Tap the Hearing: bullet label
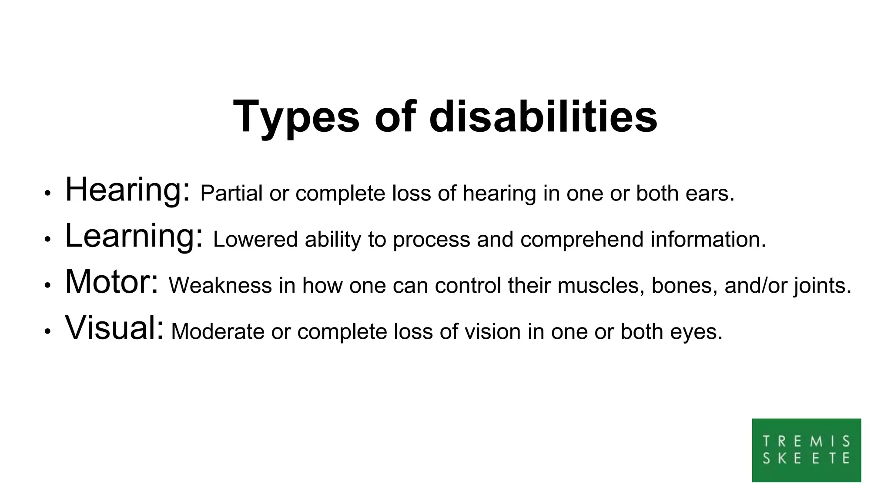(127, 190)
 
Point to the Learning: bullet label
(134, 237)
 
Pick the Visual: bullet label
(114, 328)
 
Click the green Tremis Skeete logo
(806, 450)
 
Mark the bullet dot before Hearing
(47, 193)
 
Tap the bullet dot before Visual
(47, 331)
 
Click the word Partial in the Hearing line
(231, 194)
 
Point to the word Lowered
(255, 240)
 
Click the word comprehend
(582, 240)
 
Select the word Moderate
(218, 332)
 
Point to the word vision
(492, 332)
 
